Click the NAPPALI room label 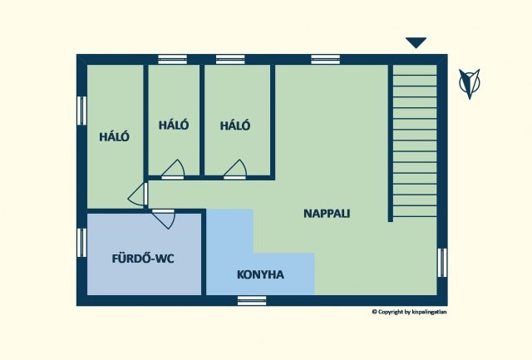tap(327, 214)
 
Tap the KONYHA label tap(260, 274)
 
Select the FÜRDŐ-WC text tap(143, 259)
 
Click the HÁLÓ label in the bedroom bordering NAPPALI tap(235, 126)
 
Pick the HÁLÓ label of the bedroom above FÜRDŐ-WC tap(115, 136)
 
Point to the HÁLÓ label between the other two tap(174, 125)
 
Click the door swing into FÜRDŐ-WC tap(164, 219)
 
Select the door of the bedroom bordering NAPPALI tap(235, 170)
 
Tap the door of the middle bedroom tap(173, 170)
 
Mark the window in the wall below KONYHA tap(252, 301)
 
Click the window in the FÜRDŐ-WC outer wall tap(81, 243)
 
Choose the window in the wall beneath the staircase tap(442, 263)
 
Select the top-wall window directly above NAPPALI tap(326, 59)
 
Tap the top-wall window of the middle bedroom tap(173, 59)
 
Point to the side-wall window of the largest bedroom tap(81, 111)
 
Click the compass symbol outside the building tap(470, 83)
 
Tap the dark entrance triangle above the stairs tap(416, 42)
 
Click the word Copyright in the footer tap(391, 312)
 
